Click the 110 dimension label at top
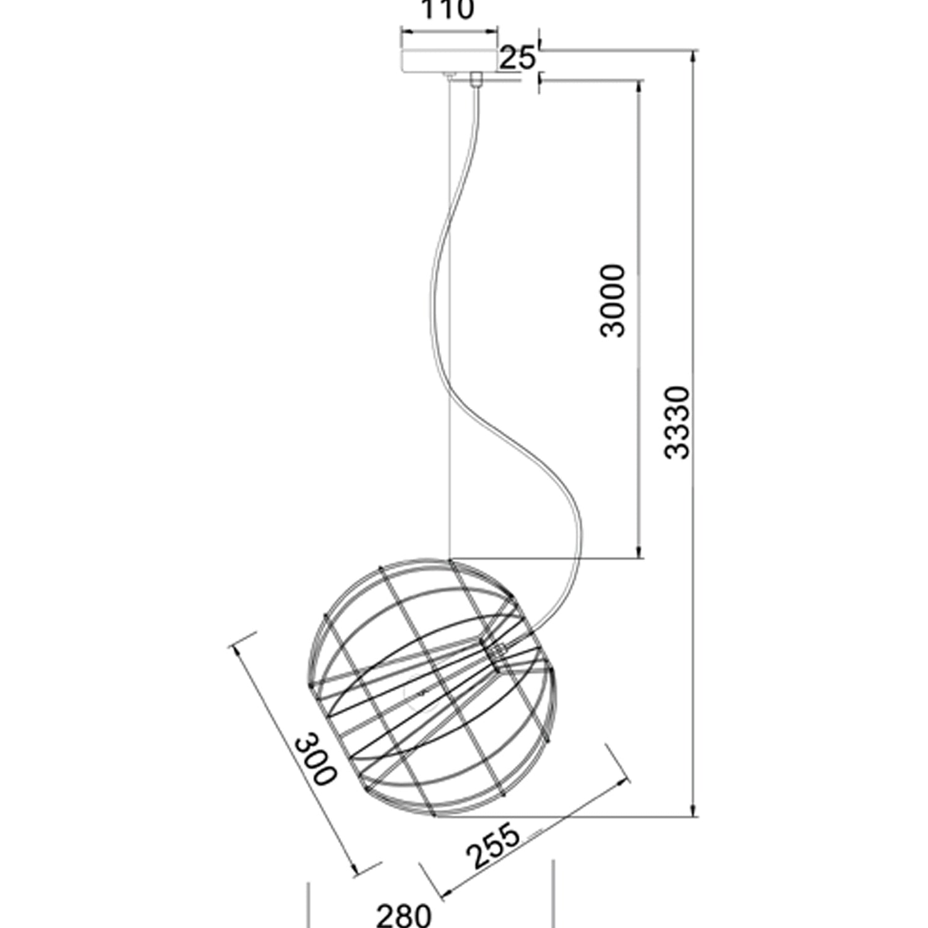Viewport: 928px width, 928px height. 447,10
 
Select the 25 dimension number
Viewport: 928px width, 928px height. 517,58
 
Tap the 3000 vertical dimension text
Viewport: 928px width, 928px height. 613,300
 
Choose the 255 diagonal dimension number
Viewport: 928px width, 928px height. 493,844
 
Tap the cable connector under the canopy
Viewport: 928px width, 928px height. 476,80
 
